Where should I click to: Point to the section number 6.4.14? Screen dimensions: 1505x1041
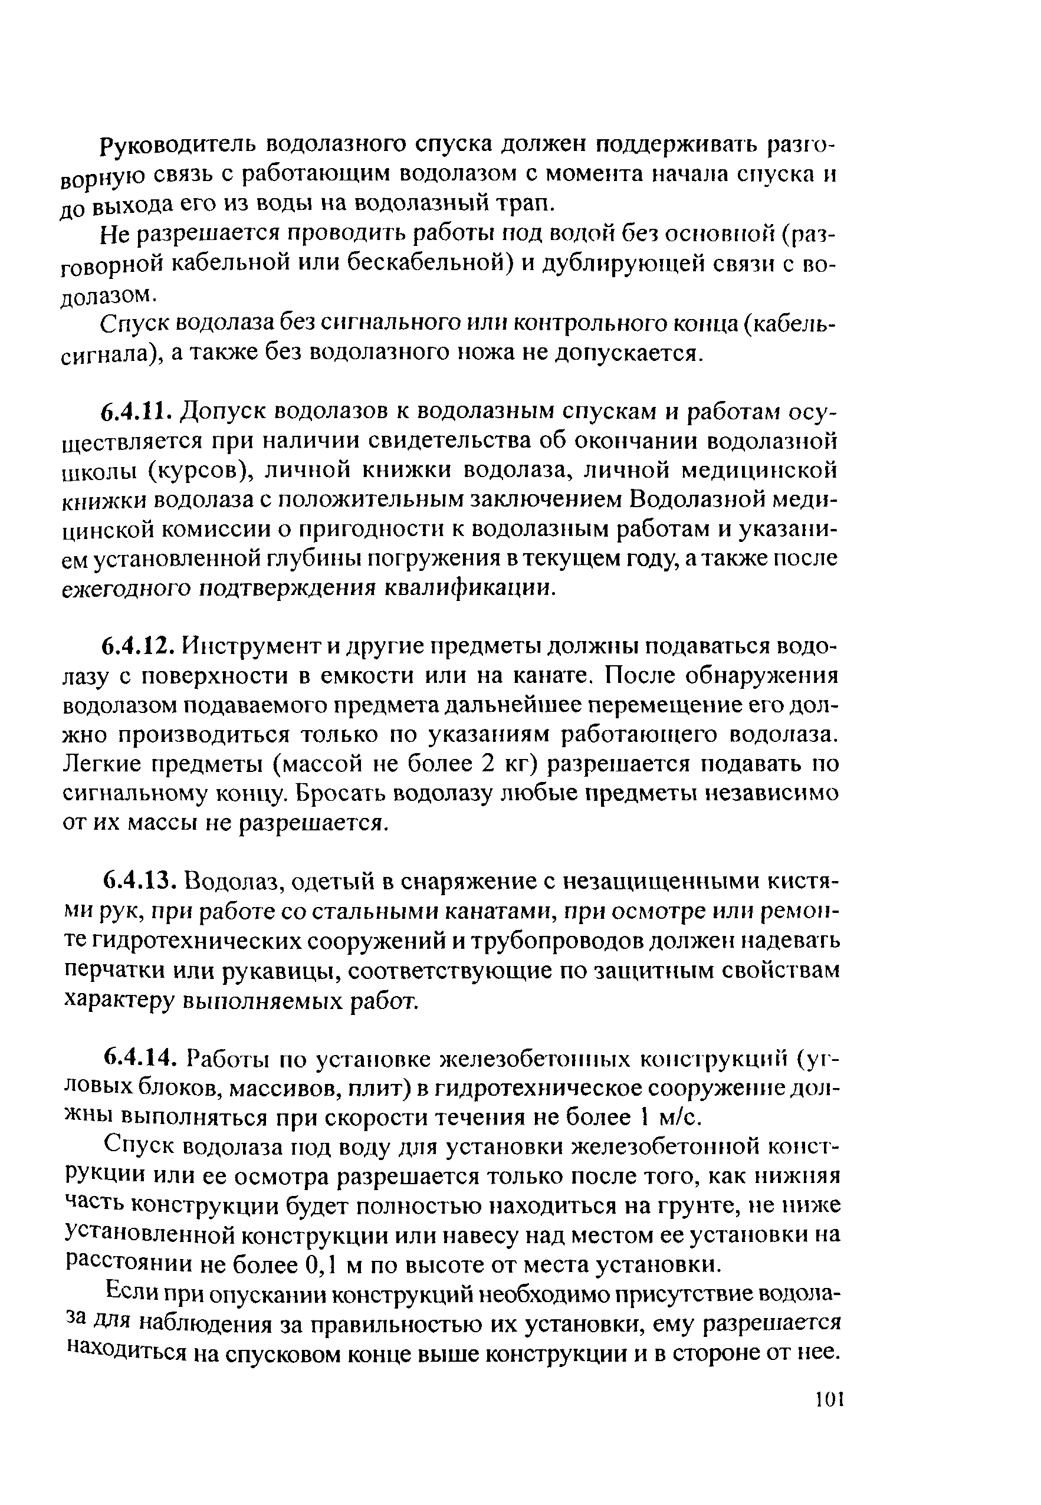pos(138,1060)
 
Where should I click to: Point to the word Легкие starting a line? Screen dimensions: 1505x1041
pos(99,764)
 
